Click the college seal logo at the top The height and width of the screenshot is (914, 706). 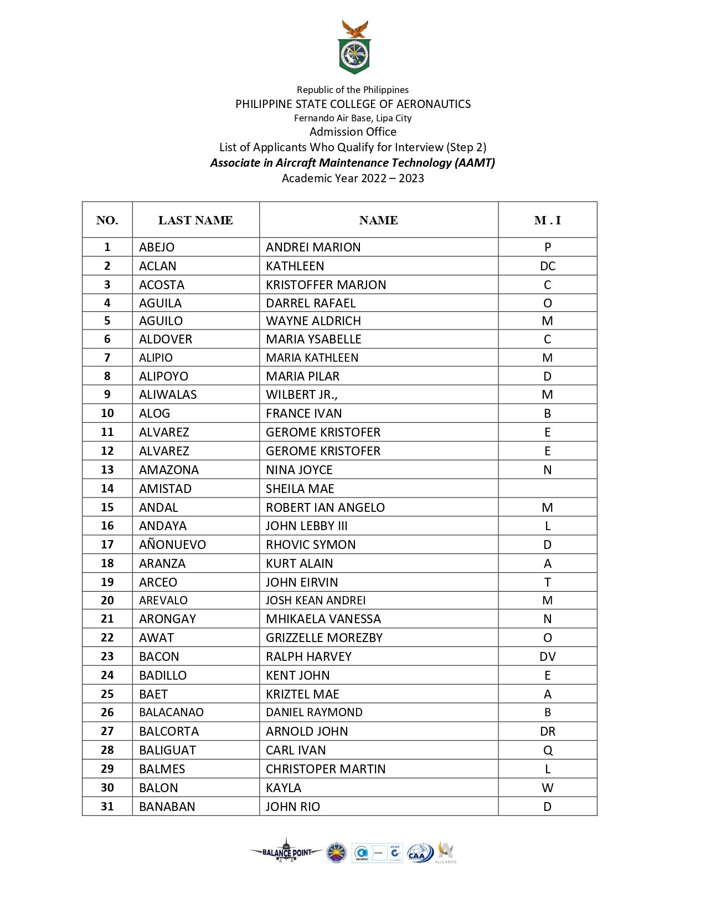pyautogui.click(x=354, y=48)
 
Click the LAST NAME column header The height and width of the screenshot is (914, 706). pyautogui.click(x=195, y=220)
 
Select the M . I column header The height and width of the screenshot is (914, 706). pyautogui.click(x=547, y=220)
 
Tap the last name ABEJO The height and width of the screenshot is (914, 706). pyautogui.click(x=157, y=247)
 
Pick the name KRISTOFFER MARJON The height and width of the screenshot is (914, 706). pyautogui.click(x=326, y=285)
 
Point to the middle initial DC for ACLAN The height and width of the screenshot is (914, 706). pyautogui.click(x=547, y=266)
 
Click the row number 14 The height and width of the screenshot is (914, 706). pyautogui.click(x=107, y=489)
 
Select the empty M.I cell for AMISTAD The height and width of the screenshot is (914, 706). pyautogui.click(x=547, y=489)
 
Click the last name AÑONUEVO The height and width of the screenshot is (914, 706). pyautogui.click(x=172, y=545)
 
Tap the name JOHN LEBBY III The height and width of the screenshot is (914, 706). pyautogui.click(x=306, y=526)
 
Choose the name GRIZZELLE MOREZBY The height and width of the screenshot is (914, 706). pyautogui.click(x=324, y=638)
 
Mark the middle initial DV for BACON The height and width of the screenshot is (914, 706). pyautogui.click(x=547, y=656)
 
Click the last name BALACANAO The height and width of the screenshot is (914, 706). pyautogui.click(x=171, y=712)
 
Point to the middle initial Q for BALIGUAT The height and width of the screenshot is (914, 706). pyautogui.click(x=547, y=750)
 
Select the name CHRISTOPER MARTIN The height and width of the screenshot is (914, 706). pyautogui.click(x=326, y=769)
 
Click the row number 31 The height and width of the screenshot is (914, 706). pyautogui.click(x=107, y=807)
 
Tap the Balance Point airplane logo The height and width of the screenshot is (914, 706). pyautogui.click(x=286, y=852)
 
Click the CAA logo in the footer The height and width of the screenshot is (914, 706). pyautogui.click(x=420, y=853)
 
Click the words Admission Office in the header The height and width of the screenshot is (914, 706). pyautogui.click(x=353, y=132)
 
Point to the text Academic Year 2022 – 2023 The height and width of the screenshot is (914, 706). pyautogui.click(x=353, y=178)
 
